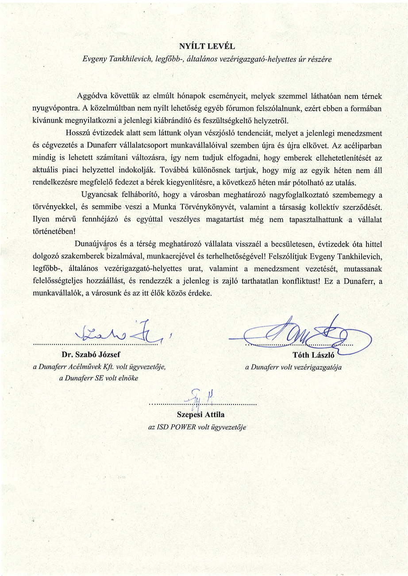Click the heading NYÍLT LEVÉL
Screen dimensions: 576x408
(204, 46)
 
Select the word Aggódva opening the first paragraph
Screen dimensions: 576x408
(93, 96)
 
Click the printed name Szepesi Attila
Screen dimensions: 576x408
(201, 415)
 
